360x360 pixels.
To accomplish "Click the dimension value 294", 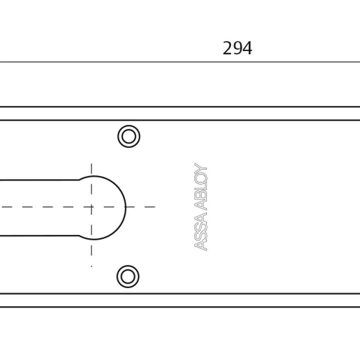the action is coord(237,48).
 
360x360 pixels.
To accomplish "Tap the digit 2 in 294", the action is coord(227,48).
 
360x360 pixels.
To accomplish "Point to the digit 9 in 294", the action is coord(237,48).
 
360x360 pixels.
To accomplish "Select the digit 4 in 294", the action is coord(247,48).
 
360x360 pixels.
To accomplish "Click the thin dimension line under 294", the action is coord(180,62).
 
